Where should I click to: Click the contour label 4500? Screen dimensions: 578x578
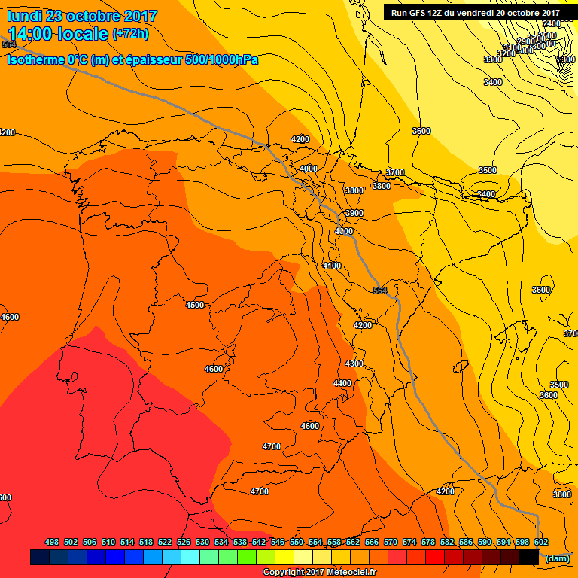pyautogui.click(x=195, y=305)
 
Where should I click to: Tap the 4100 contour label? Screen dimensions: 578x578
pyautogui.click(x=332, y=266)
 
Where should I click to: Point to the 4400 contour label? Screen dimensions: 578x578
pyautogui.click(x=342, y=383)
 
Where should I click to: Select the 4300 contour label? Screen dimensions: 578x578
pyautogui.click(x=354, y=364)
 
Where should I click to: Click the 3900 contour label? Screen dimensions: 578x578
pyautogui.click(x=354, y=214)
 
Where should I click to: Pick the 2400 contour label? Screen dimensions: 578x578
pyautogui.click(x=552, y=23)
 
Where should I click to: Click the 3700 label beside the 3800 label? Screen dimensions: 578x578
pyautogui.click(x=395, y=173)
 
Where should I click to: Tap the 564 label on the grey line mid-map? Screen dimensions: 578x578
pyautogui.click(x=380, y=291)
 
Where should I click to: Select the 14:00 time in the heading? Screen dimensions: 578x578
pyautogui.click(x=29, y=33)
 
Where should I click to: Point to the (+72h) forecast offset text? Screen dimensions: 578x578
pyautogui.click(x=130, y=34)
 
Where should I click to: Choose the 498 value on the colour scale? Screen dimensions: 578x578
pyautogui.click(x=52, y=542)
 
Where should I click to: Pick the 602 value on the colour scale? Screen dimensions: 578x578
pyautogui.click(x=540, y=542)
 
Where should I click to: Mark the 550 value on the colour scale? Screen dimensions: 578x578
pyautogui.click(x=297, y=542)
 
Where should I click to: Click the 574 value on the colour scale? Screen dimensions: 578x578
pyautogui.click(x=409, y=542)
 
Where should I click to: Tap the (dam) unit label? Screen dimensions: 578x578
pyautogui.click(x=557, y=558)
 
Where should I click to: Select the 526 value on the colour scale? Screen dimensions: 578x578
pyautogui.click(x=184, y=542)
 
